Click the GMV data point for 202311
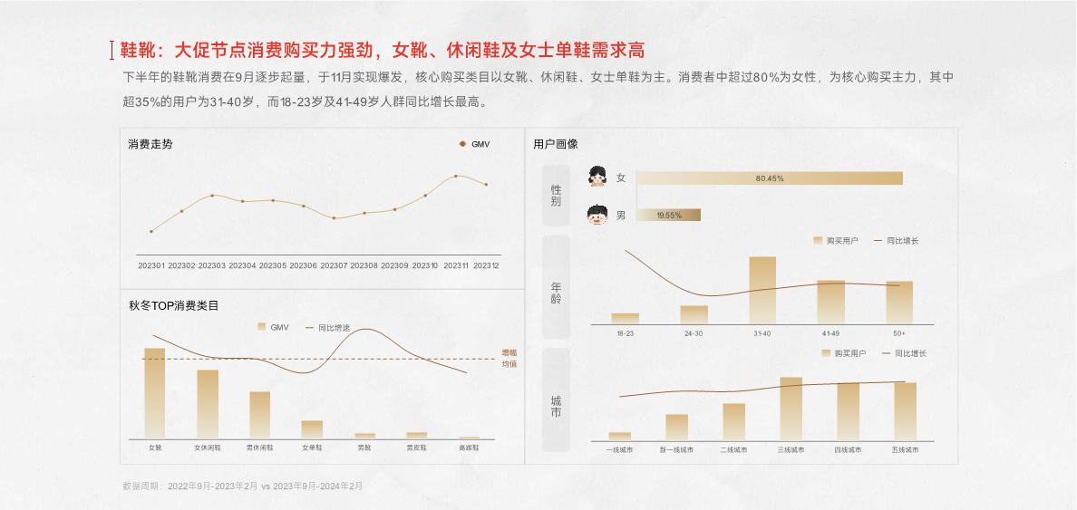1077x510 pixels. tap(455, 176)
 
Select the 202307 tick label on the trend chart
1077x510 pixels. tap(334, 265)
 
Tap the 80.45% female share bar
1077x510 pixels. tap(769, 178)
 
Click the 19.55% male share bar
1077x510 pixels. tap(668, 216)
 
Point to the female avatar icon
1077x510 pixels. tap(597, 177)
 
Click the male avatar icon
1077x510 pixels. tap(597, 216)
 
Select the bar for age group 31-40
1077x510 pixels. tap(762, 290)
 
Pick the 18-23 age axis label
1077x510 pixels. tap(626, 333)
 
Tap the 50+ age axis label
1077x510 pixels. tap(898, 333)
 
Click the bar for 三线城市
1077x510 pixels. tap(791, 409)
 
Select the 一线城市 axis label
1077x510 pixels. tap(620, 449)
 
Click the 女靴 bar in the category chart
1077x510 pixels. tap(155, 393)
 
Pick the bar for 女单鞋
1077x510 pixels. tap(312, 429)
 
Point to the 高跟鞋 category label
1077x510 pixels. tap(469, 447)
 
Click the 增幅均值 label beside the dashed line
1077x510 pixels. tap(509, 359)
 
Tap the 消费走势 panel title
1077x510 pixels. tap(150, 144)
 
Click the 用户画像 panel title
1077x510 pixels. tap(556, 144)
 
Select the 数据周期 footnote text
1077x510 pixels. tap(242, 486)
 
